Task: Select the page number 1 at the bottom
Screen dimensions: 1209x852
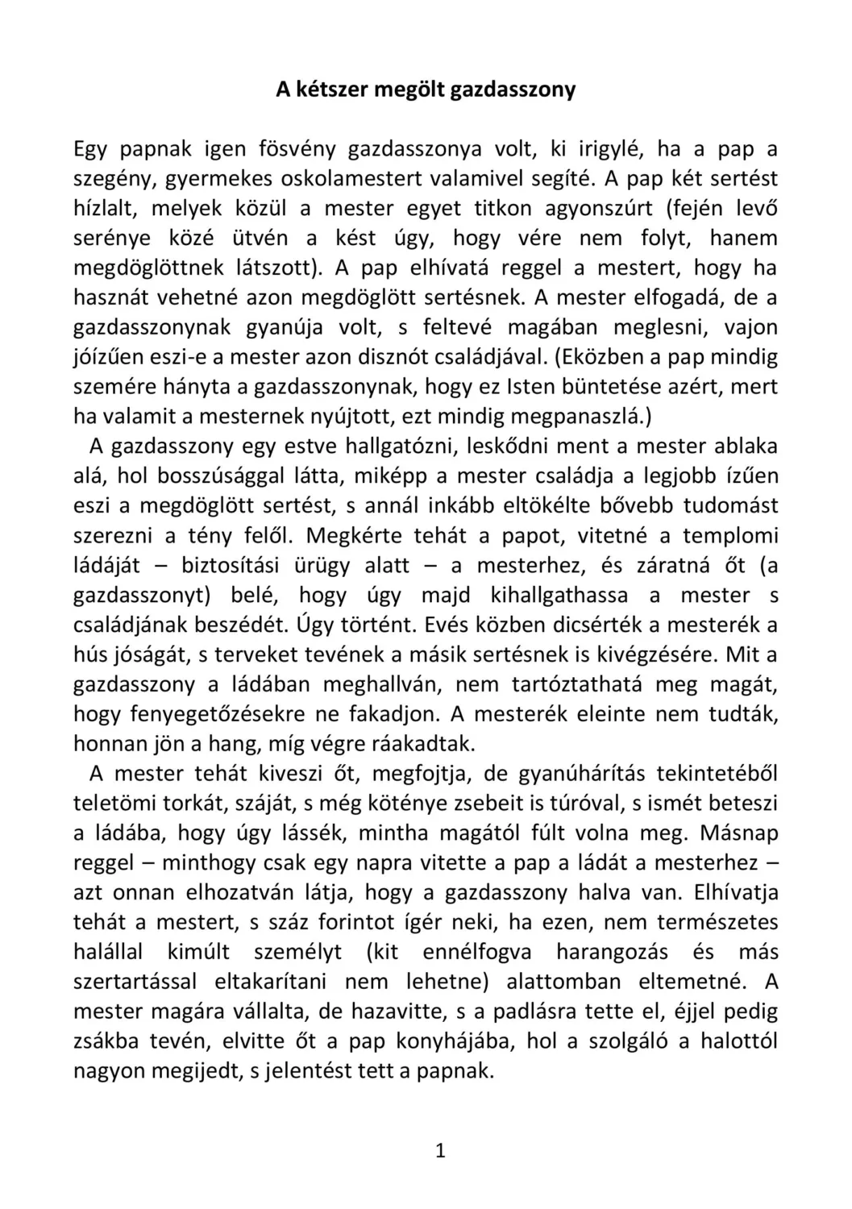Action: click(x=440, y=1150)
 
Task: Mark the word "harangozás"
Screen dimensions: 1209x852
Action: click(x=612, y=952)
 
